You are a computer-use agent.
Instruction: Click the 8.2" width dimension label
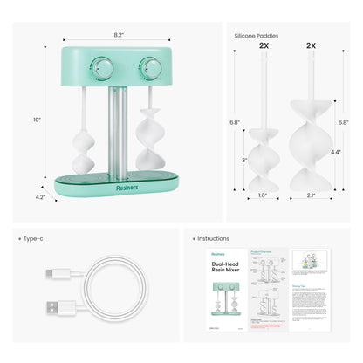pyautogui.click(x=119, y=34)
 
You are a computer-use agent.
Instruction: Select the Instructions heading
pyautogui.click(x=214, y=237)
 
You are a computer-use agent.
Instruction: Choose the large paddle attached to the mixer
pyautogui.click(x=145, y=140)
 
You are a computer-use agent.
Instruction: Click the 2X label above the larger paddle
pyautogui.click(x=312, y=45)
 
